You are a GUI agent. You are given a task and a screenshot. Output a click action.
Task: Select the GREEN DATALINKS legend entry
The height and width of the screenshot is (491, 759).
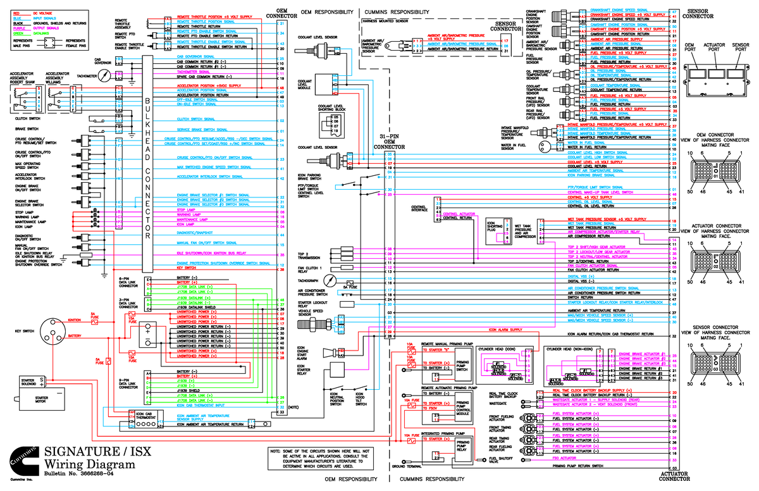(x=26, y=34)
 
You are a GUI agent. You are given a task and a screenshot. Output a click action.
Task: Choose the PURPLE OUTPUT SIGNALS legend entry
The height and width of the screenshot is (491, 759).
(x=26, y=28)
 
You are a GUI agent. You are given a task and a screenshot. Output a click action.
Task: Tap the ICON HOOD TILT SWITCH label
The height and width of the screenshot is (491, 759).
(x=361, y=401)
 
